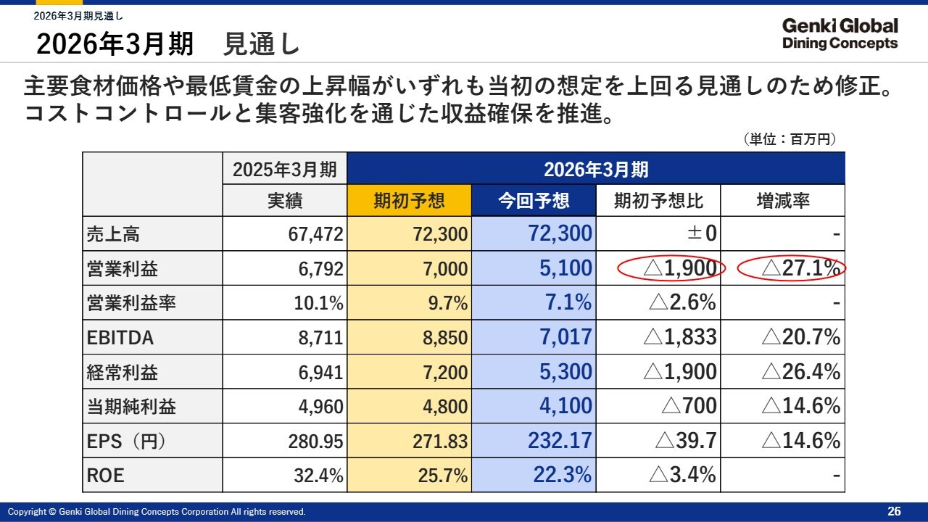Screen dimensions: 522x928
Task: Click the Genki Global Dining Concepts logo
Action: click(x=840, y=34)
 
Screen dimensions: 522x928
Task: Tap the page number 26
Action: click(x=894, y=512)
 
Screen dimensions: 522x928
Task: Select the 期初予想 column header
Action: click(x=409, y=201)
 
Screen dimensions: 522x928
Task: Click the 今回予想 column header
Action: click(x=534, y=201)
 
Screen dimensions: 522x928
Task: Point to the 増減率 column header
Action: click(x=782, y=201)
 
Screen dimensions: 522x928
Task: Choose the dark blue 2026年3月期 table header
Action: click(x=596, y=170)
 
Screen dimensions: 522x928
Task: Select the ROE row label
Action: click(x=106, y=476)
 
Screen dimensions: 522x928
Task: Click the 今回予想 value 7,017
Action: click(x=565, y=338)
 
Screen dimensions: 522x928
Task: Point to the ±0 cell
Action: click(x=701, y=234)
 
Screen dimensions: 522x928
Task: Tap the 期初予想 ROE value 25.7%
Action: click(x=443, y=476)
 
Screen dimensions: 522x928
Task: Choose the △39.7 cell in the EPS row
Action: click(x=685, y=441)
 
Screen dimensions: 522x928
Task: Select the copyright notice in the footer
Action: click(x=157, y=512)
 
